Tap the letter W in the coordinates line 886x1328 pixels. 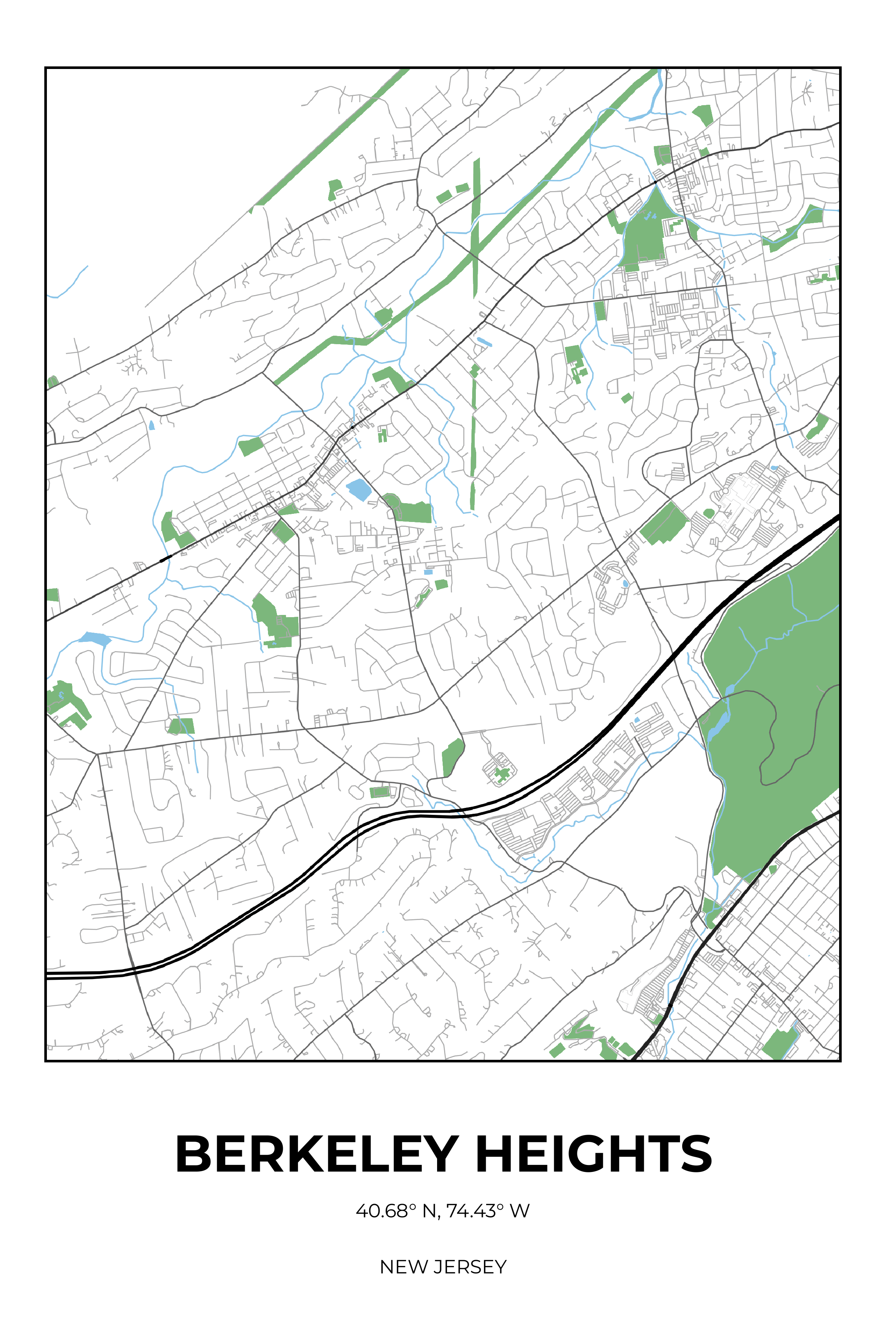pos(519,1211)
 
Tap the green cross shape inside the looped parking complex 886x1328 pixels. pos(501,774)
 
